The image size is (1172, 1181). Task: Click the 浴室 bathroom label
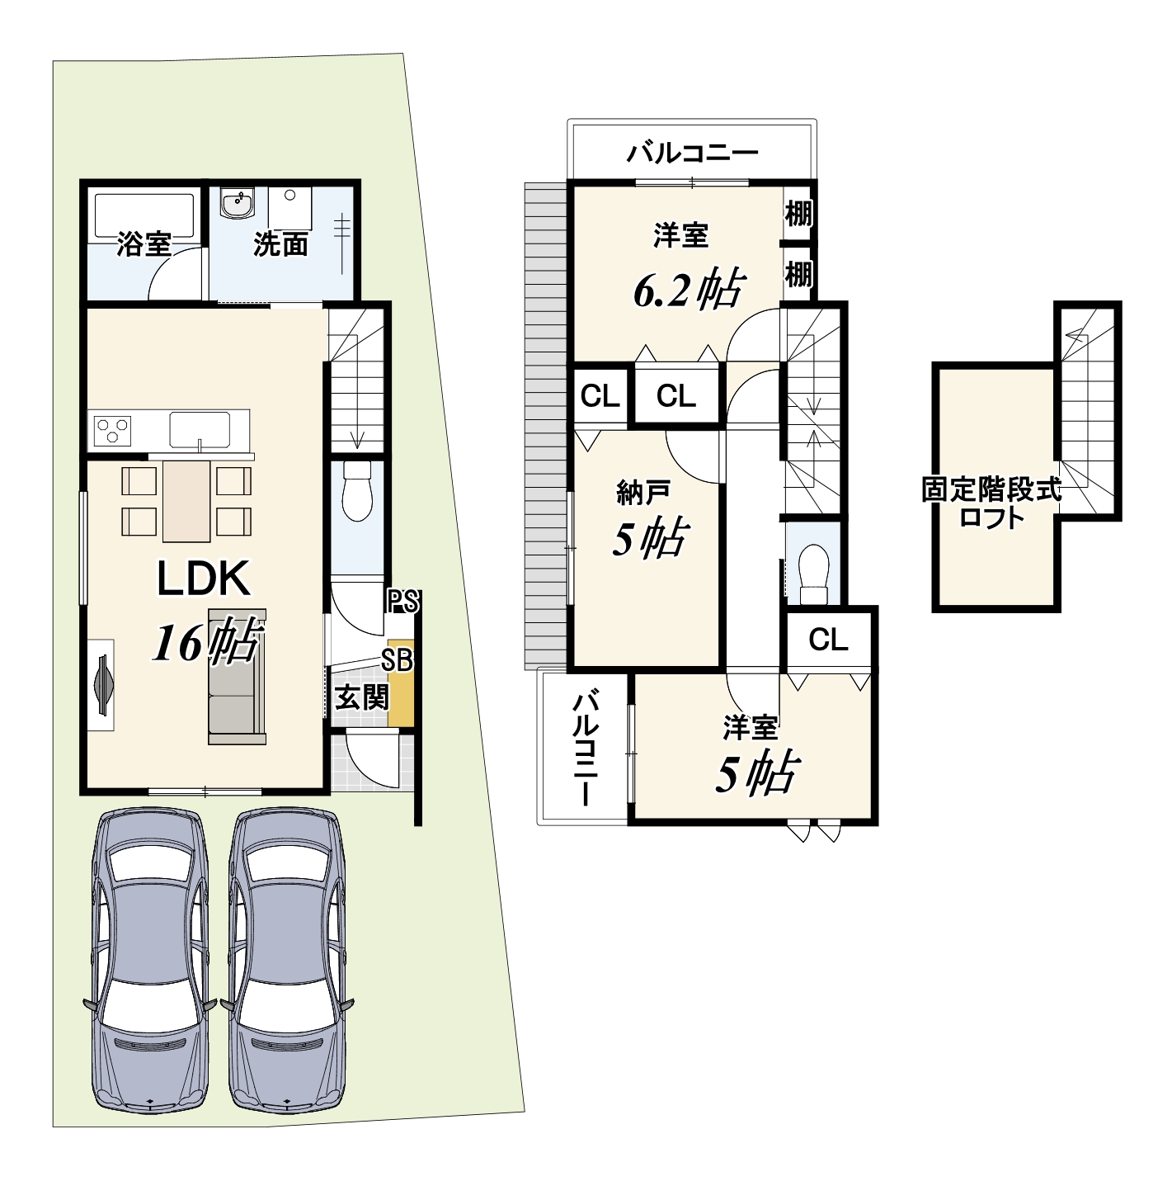click(144, 244)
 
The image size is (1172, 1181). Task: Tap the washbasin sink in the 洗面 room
click(237, 204)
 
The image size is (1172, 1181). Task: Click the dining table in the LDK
click(186, 501)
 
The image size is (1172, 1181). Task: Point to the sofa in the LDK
click(237, 677)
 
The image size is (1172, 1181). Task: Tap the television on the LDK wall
click(104, 684)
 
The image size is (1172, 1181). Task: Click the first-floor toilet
click(357, 489)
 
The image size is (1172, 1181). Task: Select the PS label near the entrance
click(402, 602)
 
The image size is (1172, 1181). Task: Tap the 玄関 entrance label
click(361, 697)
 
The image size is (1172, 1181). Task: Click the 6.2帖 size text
click(689, 290)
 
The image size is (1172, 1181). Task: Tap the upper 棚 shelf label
click(798, 214)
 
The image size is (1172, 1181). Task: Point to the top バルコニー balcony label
click(692, 153)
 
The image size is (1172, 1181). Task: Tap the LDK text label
click(204, 578)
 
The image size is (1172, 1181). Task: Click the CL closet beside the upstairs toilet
click(828, 640)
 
